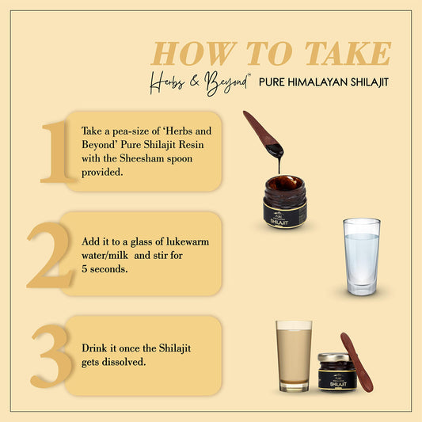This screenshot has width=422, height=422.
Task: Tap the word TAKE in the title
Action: [348, 53]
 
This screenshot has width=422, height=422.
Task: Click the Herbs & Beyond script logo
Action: [200, 83]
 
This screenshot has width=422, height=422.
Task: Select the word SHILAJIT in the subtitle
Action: [369, 82]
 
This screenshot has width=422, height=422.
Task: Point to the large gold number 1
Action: [56, 152]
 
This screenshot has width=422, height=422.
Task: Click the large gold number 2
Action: [50, 255]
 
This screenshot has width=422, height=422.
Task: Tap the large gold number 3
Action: [51, 355]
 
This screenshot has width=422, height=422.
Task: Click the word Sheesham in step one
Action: [143, 158]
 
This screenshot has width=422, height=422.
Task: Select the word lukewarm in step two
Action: [188, 241]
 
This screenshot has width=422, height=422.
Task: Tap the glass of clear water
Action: [362, 257]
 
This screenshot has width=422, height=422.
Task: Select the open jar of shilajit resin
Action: [285, 202]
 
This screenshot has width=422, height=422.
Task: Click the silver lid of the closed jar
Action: [334, 357]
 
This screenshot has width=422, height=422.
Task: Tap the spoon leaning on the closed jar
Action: [357, 363]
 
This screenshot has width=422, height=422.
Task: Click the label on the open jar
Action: [285, 216]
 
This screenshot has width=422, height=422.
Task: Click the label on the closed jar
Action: [337, 379]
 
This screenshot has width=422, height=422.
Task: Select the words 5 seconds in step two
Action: [105, 269]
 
